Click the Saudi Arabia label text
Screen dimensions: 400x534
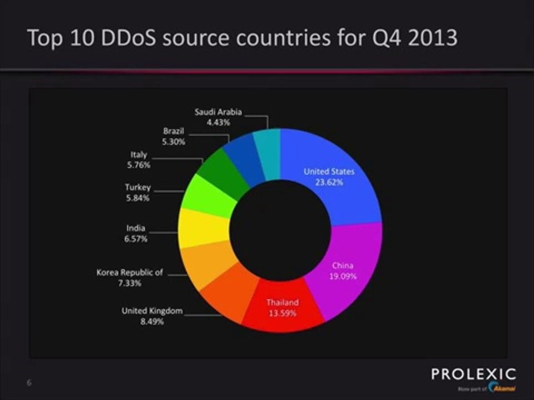(217, 112)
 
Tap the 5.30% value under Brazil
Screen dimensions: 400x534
(174, 142)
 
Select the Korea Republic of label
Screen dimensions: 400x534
(130, 273)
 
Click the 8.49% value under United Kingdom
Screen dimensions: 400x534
(152, 321)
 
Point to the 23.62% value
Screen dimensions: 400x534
(329, 182)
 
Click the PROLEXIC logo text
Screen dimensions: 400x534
(473, 374)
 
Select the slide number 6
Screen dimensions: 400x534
(28, 383)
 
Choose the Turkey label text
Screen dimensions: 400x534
(137, 188)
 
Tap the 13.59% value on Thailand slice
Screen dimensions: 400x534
(282, 313)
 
